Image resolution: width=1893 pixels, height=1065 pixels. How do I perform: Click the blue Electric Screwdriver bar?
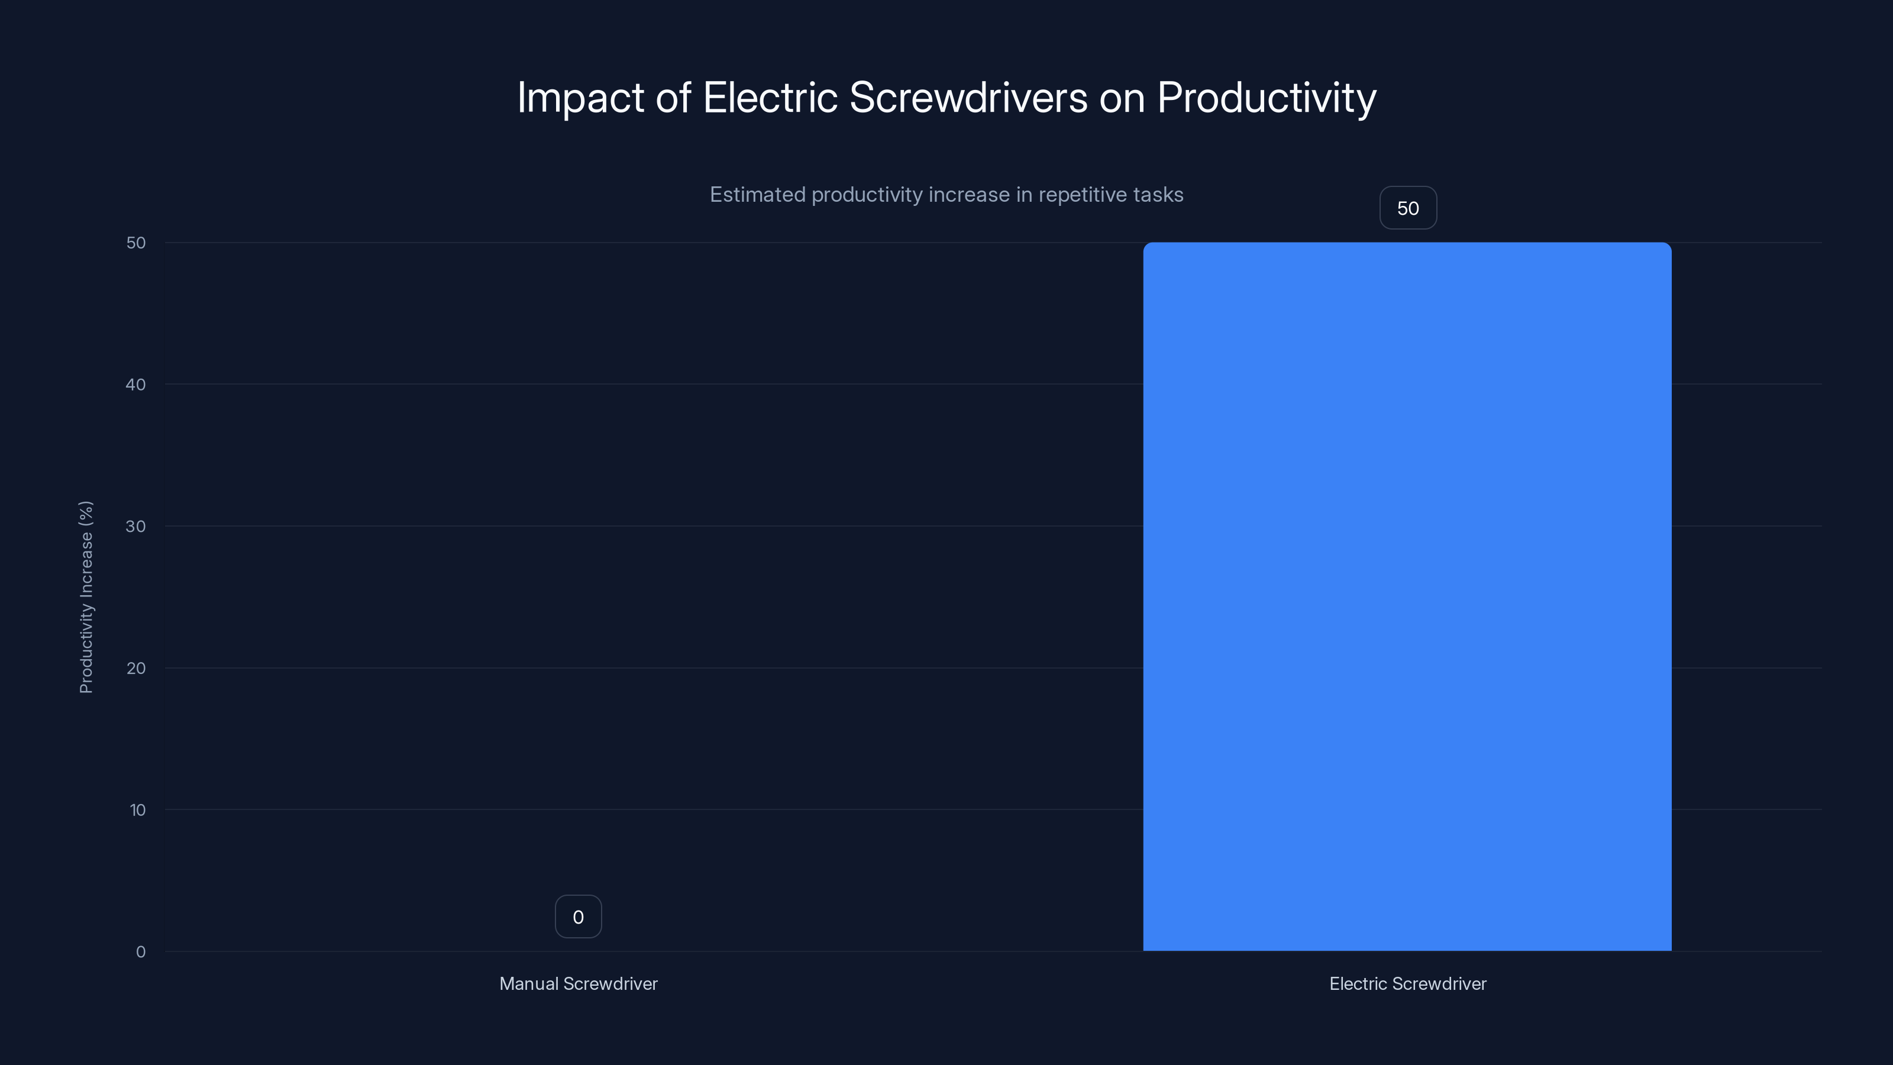pos(1407,596)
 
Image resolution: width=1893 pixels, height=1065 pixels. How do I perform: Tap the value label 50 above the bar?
pos(1407,209)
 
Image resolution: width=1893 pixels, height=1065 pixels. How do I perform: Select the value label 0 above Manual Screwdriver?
pos(577,917)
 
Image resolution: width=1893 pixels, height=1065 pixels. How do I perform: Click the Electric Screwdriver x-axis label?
pos(1407,984)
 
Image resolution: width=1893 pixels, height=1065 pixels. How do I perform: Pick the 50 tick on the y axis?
pos(136,243)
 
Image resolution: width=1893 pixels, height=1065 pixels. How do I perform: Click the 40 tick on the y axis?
pos(136,385)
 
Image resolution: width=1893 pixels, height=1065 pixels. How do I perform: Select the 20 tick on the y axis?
pos(136,669)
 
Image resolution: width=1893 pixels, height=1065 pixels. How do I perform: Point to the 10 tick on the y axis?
pos(137,811)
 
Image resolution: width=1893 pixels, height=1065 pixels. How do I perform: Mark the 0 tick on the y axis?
pos(140,953)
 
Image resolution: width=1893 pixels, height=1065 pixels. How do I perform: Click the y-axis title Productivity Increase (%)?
pos(86,597)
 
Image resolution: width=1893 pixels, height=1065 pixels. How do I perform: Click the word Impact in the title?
pos(580,98)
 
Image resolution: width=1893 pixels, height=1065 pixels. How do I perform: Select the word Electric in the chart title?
pos(770,97)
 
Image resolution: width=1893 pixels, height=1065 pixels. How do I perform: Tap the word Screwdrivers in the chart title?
pos(968,97)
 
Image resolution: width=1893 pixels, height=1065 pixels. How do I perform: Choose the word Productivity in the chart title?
pos(1266,98)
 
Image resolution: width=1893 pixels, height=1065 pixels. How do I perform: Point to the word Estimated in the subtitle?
pos(757,195)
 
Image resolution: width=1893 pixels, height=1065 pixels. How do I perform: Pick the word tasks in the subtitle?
pos(1158,195)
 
